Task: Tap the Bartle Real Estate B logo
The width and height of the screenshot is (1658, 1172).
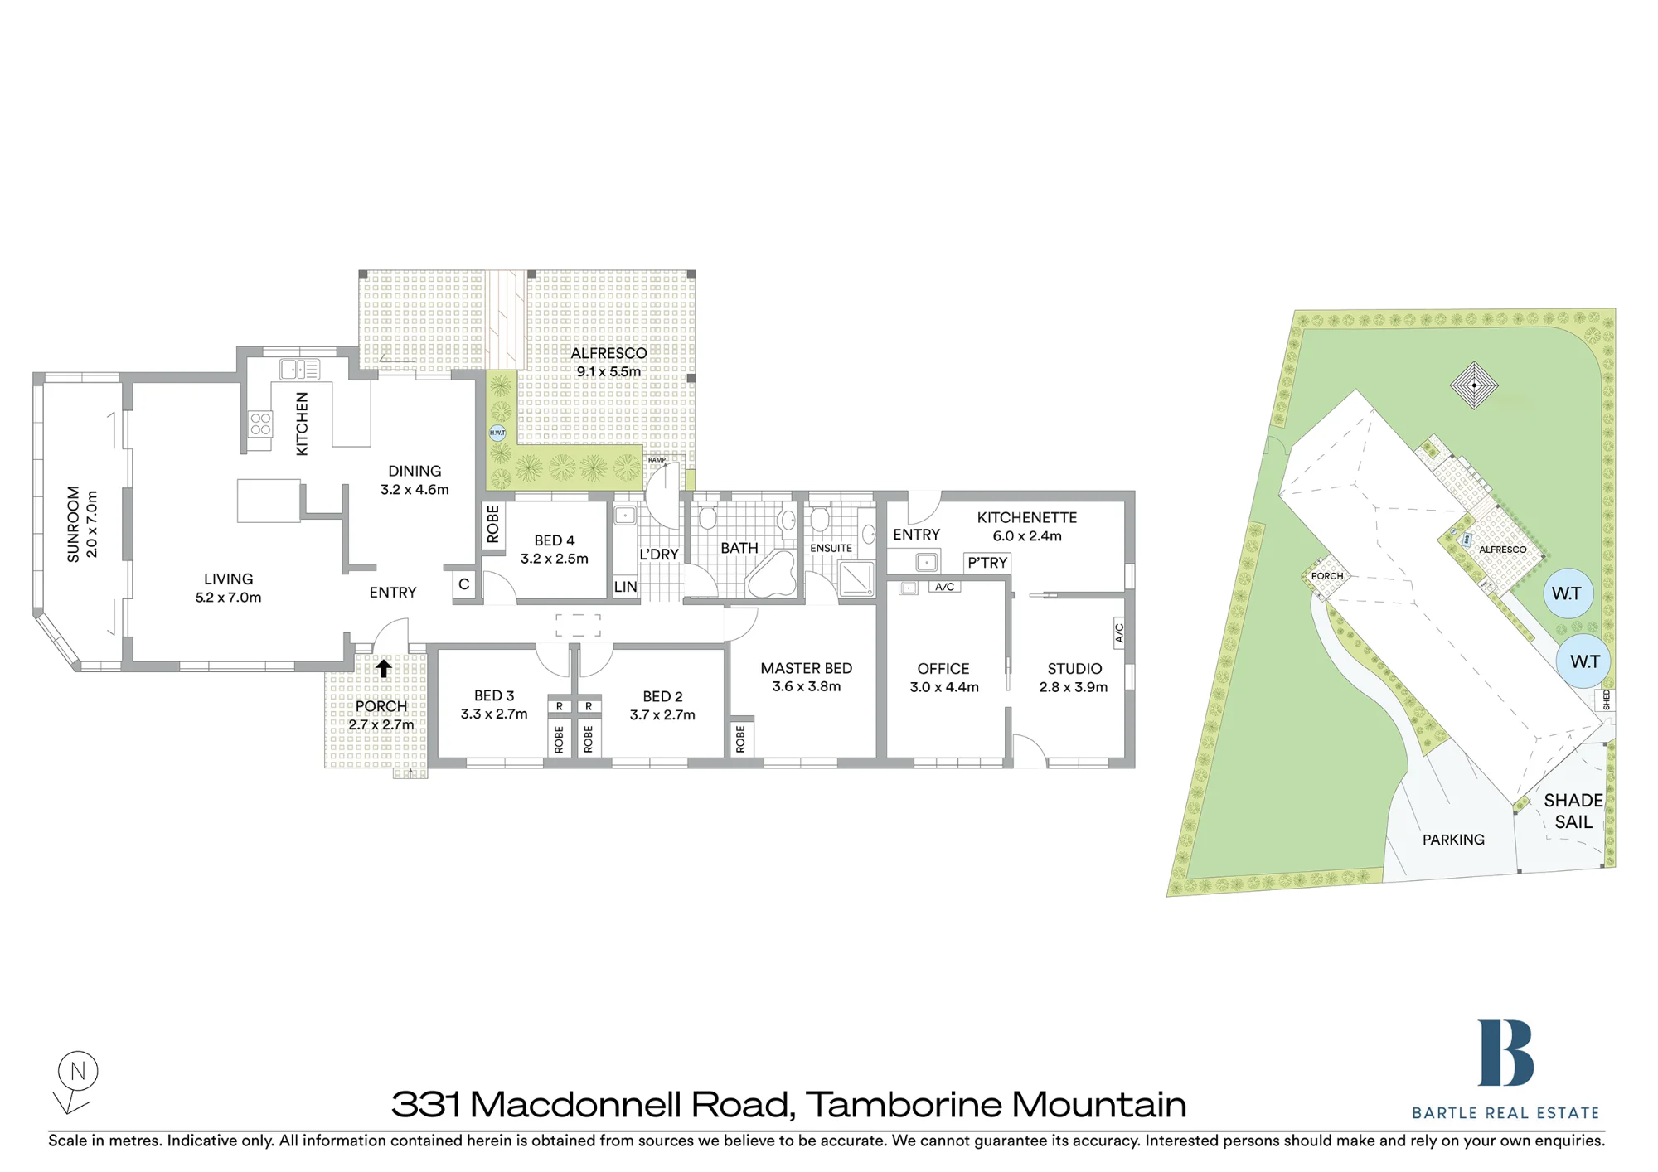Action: (1505, 1053)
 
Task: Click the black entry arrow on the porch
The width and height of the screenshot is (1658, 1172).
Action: (383, 668)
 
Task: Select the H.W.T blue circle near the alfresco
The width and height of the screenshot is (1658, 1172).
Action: (497, 433)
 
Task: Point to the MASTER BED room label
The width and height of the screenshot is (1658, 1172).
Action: (806, 668)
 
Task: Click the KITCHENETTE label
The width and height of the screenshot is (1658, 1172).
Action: (1027, 517)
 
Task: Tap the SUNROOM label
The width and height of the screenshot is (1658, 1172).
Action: (74, 524)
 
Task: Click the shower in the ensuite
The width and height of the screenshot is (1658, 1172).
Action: (856, 579)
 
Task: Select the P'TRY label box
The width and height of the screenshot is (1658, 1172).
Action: (987, 563)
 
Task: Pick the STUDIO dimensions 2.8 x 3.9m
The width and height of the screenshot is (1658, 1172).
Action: (1074, 687)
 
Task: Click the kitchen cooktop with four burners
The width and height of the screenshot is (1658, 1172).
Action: (260, 424)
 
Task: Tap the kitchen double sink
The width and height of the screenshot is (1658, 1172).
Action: (299, 369)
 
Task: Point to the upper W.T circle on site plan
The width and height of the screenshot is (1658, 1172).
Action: (1567, 593)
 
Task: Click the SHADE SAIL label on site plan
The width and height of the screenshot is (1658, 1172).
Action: (1573, 811)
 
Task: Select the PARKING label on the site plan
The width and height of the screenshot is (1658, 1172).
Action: (1453, 840)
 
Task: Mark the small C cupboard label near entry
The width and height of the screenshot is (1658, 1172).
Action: (464, 584)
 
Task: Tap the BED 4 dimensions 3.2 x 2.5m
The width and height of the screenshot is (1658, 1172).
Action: (555, 559)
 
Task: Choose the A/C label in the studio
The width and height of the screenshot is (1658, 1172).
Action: (1119, 632)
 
